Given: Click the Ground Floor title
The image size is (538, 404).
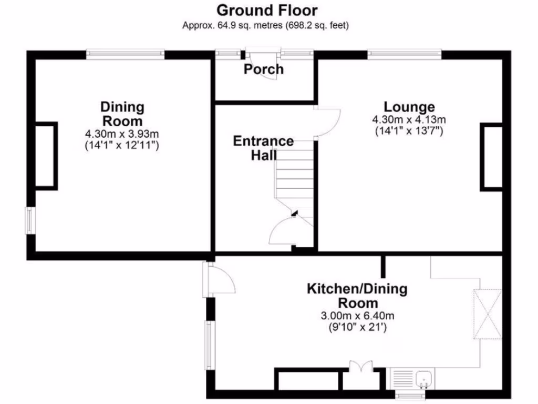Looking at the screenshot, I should [x=266, y=10].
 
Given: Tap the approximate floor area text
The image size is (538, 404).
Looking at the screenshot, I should [x=266, y=25].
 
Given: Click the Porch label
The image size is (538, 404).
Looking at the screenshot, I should [x=263, y=69].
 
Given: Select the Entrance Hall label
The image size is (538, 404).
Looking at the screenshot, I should [x=263, y=148].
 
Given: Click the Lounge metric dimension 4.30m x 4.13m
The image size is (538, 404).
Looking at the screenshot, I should [x=409, y=120].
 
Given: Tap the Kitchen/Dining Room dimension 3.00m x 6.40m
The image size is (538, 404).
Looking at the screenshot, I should [x=357, y=316].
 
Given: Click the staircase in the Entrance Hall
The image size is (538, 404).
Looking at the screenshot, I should [x=294, y=179].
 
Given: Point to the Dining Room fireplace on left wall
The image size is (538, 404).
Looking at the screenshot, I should [x=46, y=155].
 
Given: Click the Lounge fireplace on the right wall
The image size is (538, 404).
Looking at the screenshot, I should [x=491, y=157].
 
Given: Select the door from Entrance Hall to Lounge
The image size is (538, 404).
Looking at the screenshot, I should [x=327, y=122].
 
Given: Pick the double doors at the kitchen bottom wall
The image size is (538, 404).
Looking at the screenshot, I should [x=361, y=367].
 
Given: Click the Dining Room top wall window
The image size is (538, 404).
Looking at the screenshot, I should [x=126, y=54].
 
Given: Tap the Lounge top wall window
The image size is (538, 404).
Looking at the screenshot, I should [x=404, y=54].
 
